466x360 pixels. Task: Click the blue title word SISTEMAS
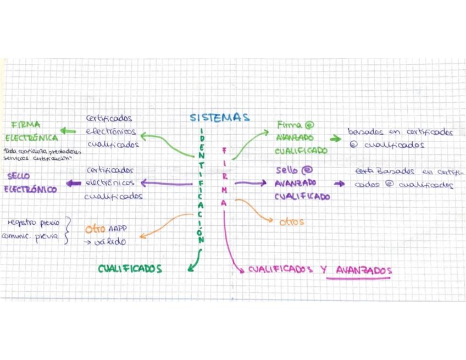click(220, 118)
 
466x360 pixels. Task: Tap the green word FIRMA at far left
click(26, 125)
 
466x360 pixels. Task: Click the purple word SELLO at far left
click(19, 176)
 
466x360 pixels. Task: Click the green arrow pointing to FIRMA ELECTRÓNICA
click(68, 131)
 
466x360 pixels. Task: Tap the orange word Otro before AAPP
click(95, 229)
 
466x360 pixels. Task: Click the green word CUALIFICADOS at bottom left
click(130, 269)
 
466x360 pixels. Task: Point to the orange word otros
click(291, 222)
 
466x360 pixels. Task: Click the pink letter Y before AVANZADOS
click(324, 270)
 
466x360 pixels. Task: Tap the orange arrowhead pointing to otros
click(269, 220)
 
